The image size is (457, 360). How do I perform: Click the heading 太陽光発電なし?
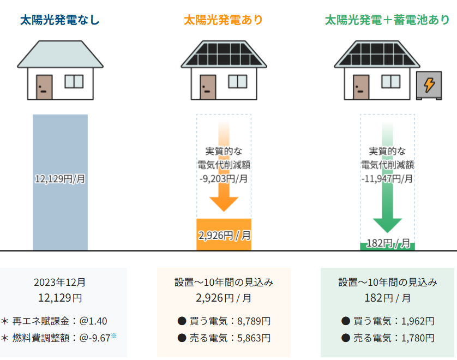click(60, 21)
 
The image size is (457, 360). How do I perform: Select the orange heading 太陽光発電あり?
click(224, 21)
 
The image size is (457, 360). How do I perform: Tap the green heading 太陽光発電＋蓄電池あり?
click(387, 21)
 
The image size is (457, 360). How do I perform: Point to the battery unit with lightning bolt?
click(430, 85)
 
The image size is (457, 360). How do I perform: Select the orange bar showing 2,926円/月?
click(224, 235)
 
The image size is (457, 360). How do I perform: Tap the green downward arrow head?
click(387, 224)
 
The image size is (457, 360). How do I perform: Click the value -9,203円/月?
click(224, 178)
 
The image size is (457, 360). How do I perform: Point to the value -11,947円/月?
click(387, 178)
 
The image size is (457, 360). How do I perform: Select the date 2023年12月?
click(60, 283)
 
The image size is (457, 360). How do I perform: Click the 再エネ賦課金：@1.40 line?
click(60, 321)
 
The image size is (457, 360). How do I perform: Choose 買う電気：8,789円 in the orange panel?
click(224, 321)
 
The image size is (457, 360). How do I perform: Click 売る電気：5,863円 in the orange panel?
click(224, 338)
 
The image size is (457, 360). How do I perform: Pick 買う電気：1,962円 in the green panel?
click(387, 321)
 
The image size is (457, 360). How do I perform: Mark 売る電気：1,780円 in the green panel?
click(387, 338)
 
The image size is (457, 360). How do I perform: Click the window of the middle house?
click(237, 81)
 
